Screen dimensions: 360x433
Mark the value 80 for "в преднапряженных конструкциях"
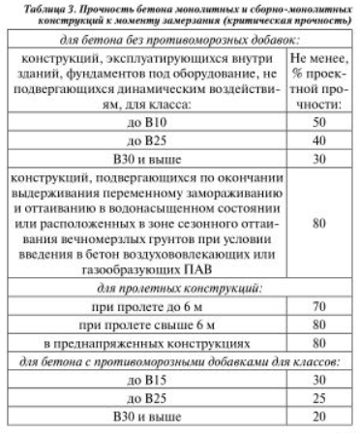318,351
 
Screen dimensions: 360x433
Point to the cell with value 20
318,426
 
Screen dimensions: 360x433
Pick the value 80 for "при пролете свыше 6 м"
318,330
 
